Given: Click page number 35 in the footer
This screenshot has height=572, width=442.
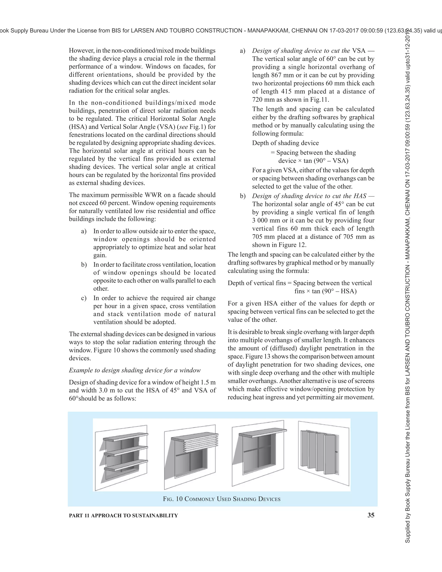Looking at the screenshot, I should tap(371, 515).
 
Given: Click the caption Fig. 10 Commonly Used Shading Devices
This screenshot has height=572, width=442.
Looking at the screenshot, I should tap(221, 499).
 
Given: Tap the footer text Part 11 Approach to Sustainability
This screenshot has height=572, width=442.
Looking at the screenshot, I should tap(123, 515).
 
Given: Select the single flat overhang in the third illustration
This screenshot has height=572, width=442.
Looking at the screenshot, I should tap(263, 433).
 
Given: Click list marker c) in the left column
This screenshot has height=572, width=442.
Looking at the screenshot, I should tap(84, 298).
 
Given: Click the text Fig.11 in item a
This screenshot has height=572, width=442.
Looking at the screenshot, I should tap(320, 100).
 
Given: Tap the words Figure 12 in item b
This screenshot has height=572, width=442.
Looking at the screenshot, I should tap(292, 245).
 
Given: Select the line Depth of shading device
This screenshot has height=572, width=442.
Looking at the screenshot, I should tap(285, 143).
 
